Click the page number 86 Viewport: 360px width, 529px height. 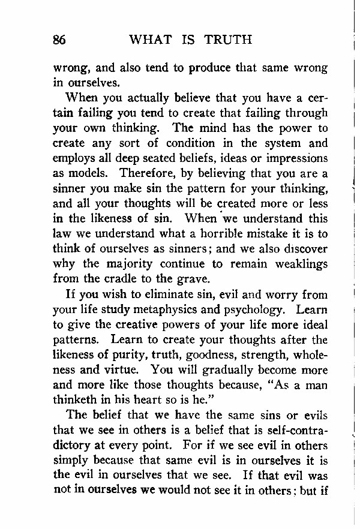click(59, 40)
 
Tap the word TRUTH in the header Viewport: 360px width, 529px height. click(227, 40)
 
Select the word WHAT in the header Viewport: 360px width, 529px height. click(150, 40)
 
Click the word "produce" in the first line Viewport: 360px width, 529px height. click(210, 68)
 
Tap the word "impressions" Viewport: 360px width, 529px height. click(296, 158)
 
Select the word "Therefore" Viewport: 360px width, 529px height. click(148, 173)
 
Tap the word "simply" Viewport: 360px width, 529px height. click(72, 460)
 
